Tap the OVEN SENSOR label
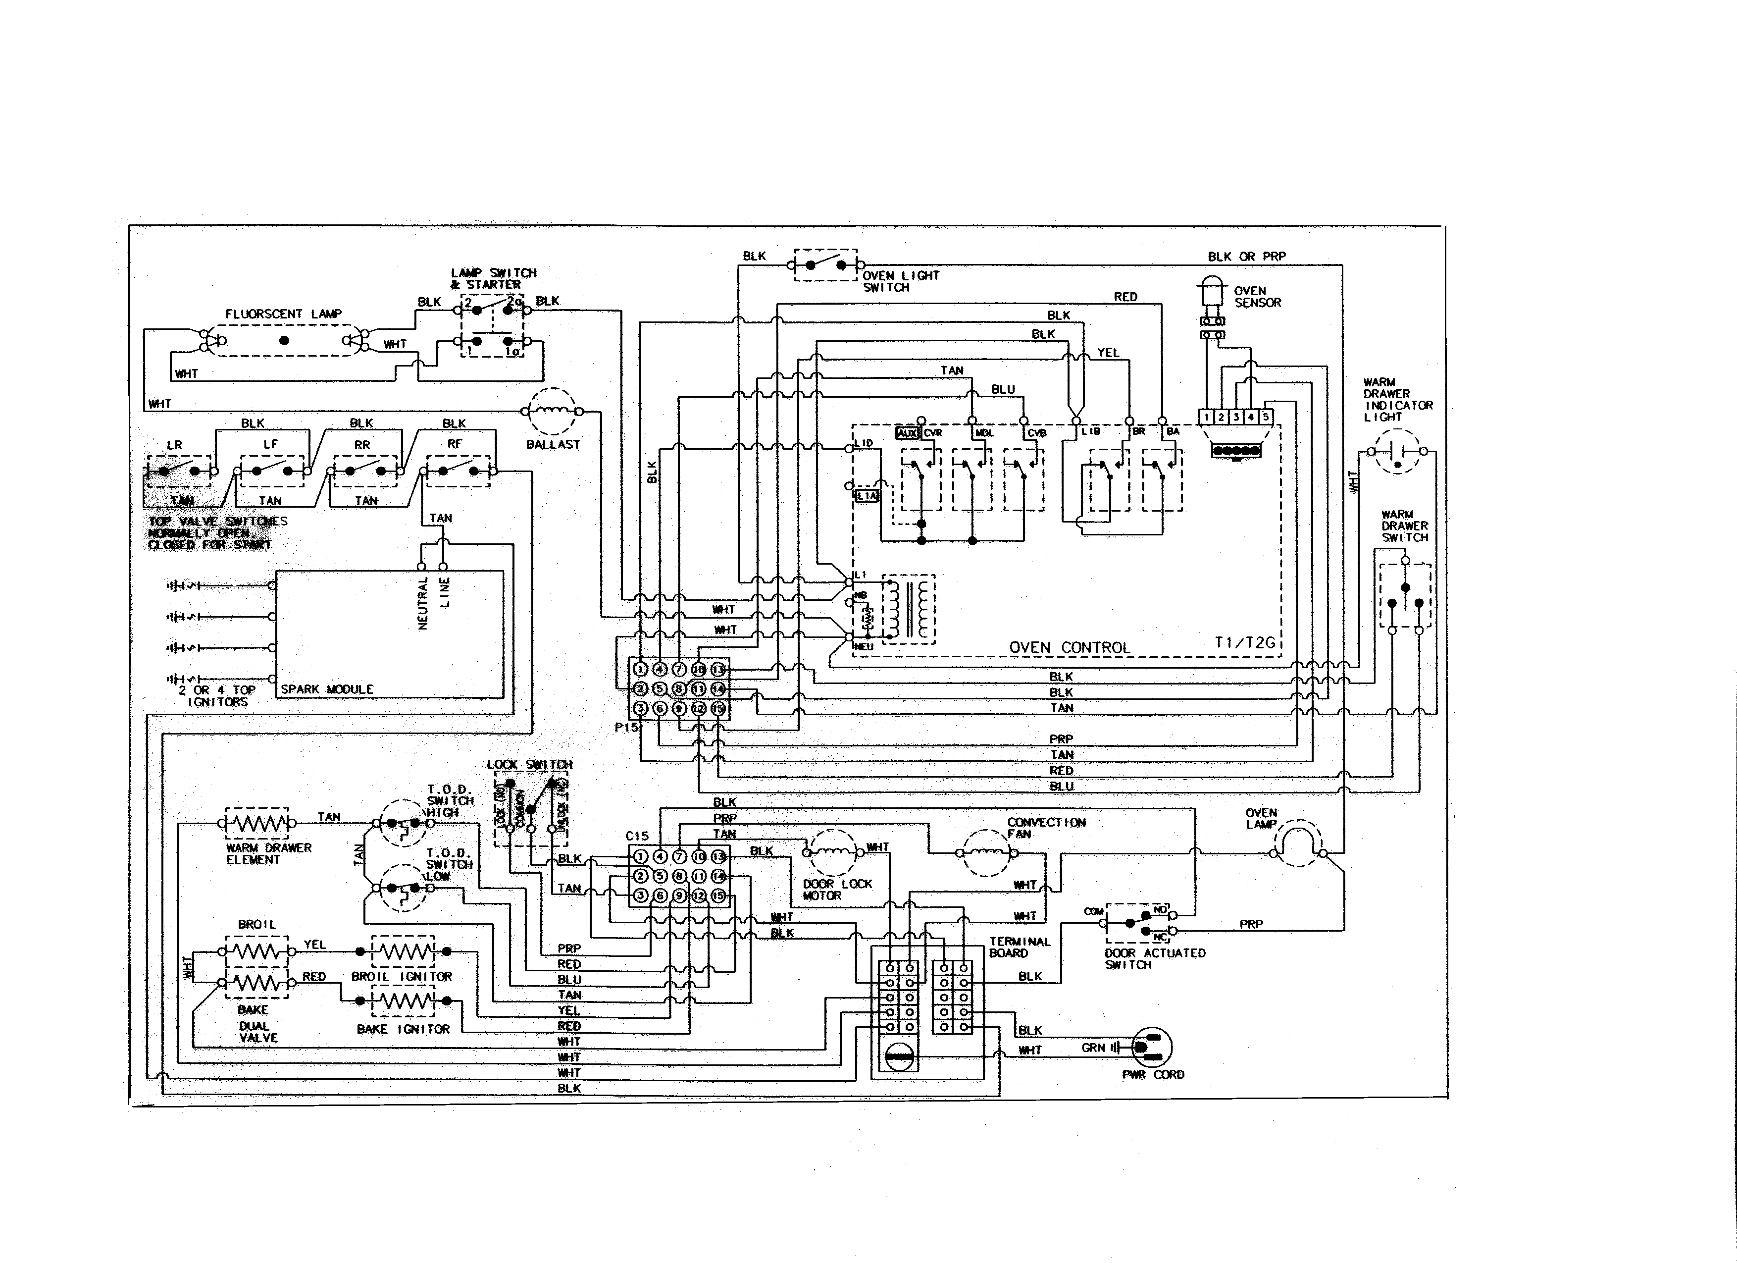(x=1257, y=296)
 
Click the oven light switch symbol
(x=825, y=265)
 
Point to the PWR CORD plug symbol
(x=1151, y=1047)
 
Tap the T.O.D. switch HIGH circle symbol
(x=403, y=823)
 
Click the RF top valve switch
(x=458, y=470)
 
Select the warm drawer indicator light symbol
(x=1397, y=452)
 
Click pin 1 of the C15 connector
(x=640, y=856)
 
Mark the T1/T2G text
(x=1244, y=642)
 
